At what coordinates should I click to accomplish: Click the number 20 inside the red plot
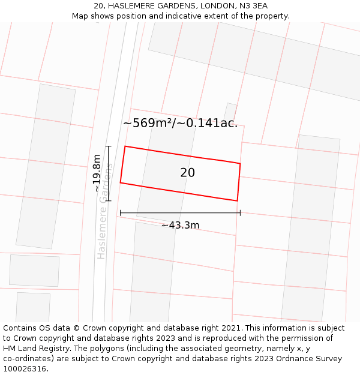coord(187,173)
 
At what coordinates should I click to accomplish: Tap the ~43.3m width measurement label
coord(180,226)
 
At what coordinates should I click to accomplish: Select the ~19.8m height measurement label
coord(97,173)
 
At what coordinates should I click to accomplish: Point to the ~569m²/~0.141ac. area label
coord(180,123)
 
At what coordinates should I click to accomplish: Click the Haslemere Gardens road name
coord(105,211)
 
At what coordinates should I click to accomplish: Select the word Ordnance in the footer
coord(287,359)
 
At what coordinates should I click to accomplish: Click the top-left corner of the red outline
coord(125,146)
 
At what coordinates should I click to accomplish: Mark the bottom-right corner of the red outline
coord(237,200)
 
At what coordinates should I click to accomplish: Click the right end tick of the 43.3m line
coord(240,212)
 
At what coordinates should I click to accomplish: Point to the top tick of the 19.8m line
coord(109,146)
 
